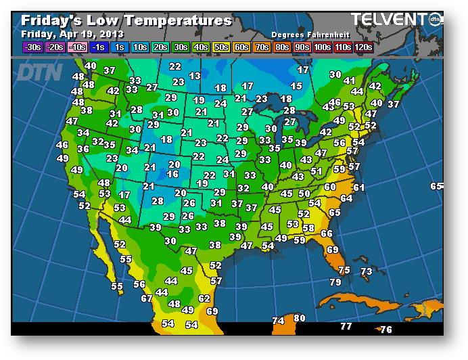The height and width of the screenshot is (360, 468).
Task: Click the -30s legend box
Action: (x=32, y=47)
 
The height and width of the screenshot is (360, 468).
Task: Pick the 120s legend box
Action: (x=363, y=47)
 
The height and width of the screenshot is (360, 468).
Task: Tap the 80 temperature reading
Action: (x=300, y=318)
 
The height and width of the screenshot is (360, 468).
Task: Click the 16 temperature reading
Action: (x=172, y=174)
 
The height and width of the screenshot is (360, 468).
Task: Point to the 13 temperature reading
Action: (x=195, y=76)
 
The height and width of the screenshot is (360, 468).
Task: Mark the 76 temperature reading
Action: (x=386, y=330)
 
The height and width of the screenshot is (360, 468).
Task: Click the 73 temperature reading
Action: (x=366, y=271)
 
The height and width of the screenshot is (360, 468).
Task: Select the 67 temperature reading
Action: (x=147, y=298)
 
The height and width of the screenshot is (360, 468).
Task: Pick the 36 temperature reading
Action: (x=83, y=149)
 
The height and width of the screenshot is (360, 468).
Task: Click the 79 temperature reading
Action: (x=335, y=282)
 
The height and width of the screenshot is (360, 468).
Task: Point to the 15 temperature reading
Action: (x=296, y=86)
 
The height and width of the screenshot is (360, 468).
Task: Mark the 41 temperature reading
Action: (x=350, y=81)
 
